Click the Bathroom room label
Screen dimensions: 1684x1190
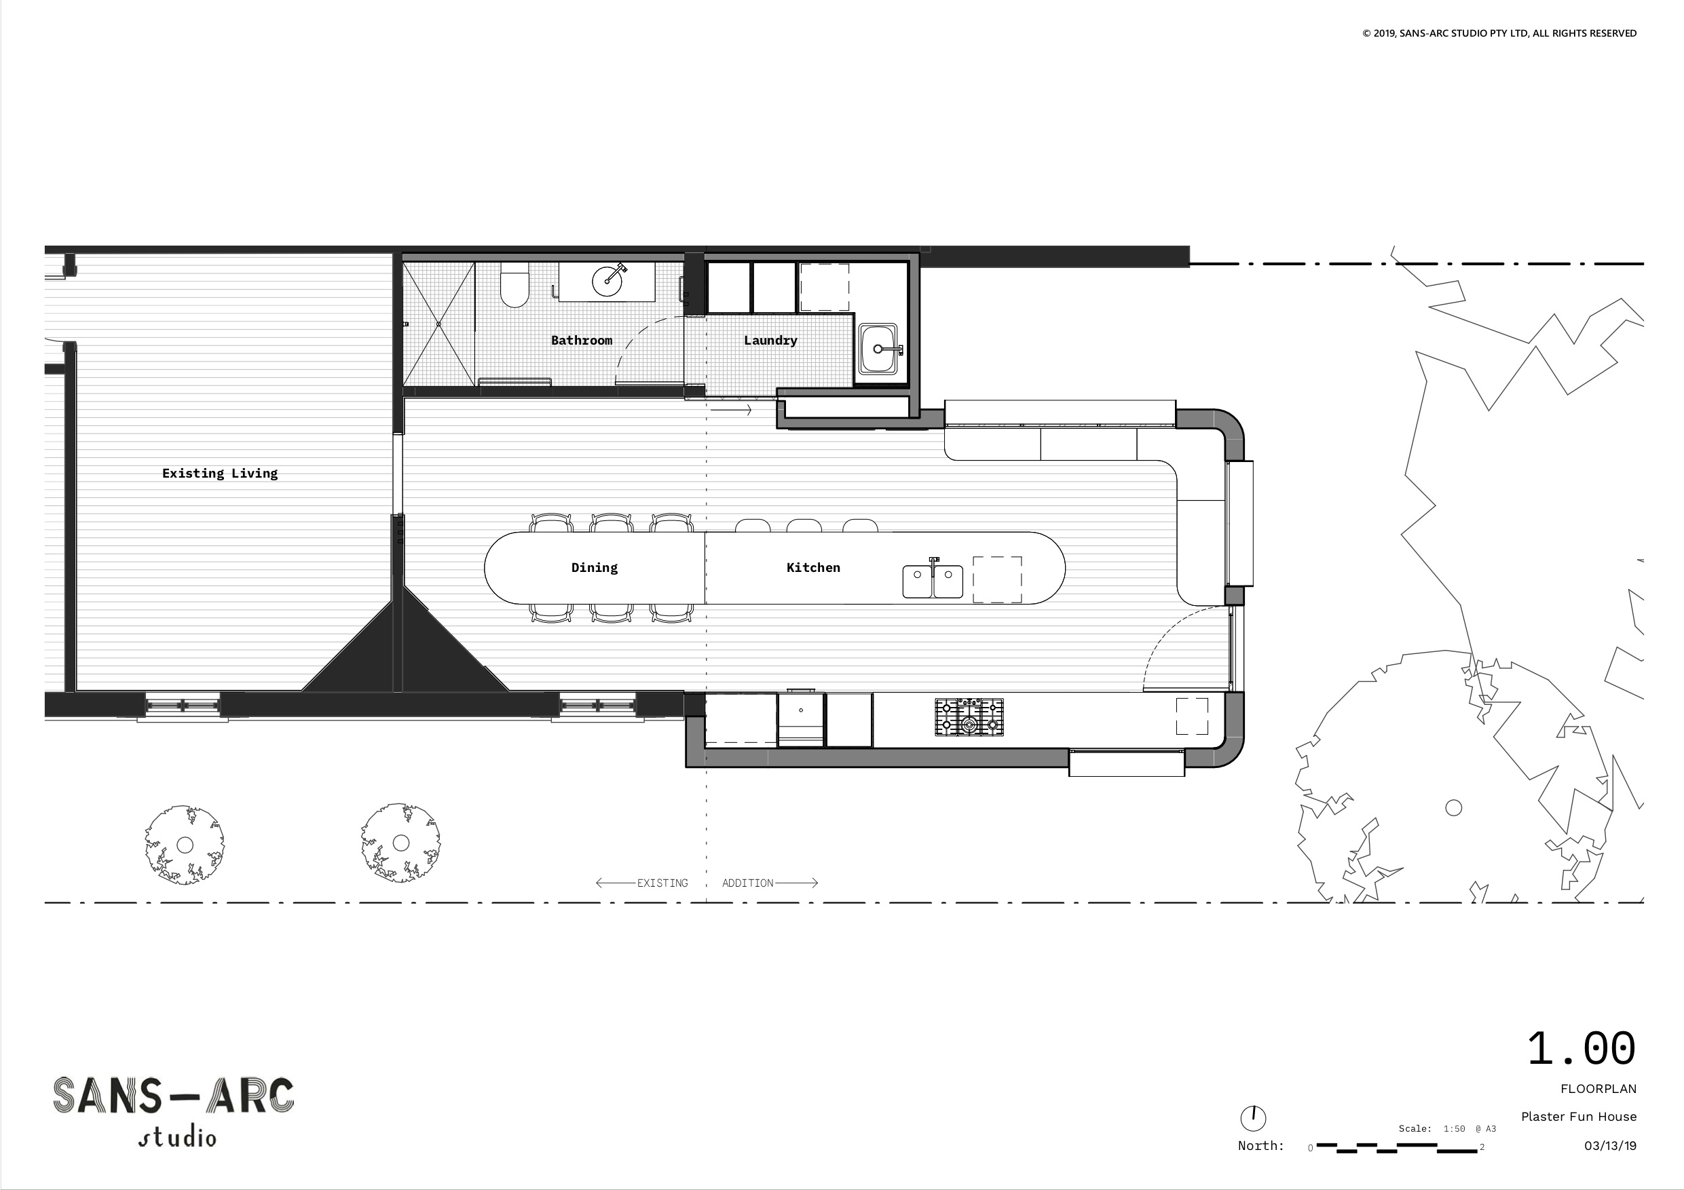pyautogui.click(x=582, y=340)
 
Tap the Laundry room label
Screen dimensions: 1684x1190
pyautogui.click(x=770, y=340)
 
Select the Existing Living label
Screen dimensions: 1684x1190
pyautogui.click(x=220, y=474)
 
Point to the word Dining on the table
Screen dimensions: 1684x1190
pyautogui.click(x=595, y=567)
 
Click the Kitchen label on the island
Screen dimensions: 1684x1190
pyautogui.click(x=813, y=567)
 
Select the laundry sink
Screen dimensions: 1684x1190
pyautogui.click(x=879, y=350)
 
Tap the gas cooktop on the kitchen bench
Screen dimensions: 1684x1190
pyautogui.click(x=969, y=717)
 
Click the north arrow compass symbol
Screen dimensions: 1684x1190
pyautogui.click(x=1254, y=1118)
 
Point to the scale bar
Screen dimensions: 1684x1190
pyautogui.click(x=1396, y=1147)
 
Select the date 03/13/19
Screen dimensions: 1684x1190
pyautogui.click(x=1610, y=1146)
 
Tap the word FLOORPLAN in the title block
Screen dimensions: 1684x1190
pyautogui.click(x=1598, y=1089)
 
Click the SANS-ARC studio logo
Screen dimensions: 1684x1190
pyautogui.click(x=174, y=1110)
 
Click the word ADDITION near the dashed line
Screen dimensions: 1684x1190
pyautogui.click(x=747, y=883)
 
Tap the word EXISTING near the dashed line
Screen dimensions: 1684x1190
pyautogui.click(x=662, y=883)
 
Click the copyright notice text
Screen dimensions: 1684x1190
pyautogui.click(x=1499, y=33)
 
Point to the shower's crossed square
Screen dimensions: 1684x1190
pyautogui.click(x=438, y=324)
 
